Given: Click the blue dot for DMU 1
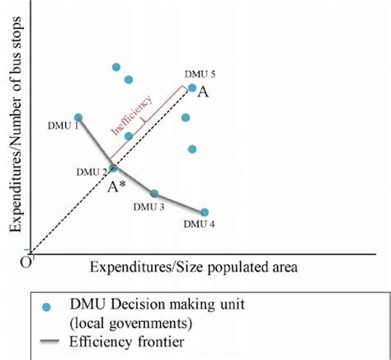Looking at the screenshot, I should coord(78,118).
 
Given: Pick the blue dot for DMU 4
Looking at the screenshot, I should coord(205,212).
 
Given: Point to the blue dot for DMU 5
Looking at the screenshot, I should coord(192,88).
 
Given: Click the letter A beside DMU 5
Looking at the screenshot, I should coord(203,92).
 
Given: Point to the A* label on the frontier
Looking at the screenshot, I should coord(115,186).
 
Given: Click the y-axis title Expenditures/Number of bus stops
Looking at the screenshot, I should coord(14,131).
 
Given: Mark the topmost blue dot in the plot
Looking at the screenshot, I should coord(116,67).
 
